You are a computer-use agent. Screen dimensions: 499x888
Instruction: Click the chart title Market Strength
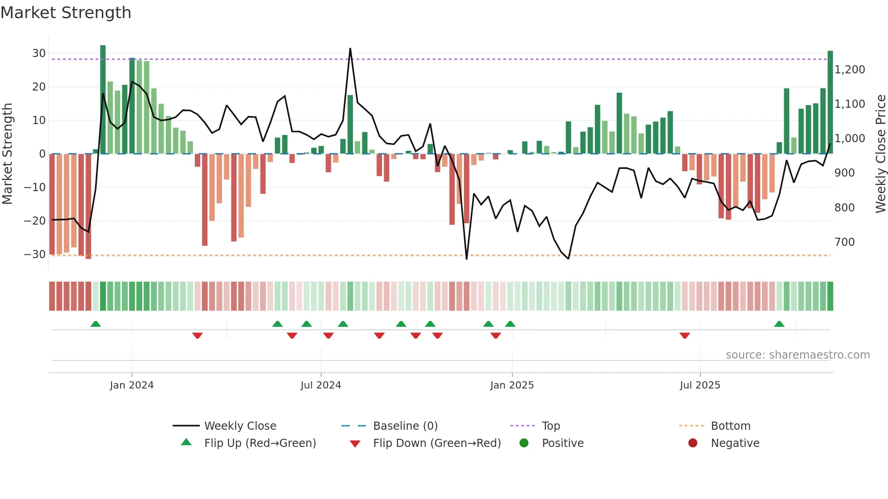tap(66, 13)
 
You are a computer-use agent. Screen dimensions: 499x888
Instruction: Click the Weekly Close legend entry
tap(240, 426)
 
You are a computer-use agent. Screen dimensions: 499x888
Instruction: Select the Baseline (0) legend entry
tap(405, 426)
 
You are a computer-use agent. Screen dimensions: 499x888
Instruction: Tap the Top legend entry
tap(550, 426)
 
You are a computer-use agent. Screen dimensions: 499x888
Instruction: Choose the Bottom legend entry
tap(730, 426)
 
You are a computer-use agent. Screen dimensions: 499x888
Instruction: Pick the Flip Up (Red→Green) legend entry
tap(260, 443)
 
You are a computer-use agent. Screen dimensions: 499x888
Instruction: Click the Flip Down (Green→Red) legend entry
tap(437, 443)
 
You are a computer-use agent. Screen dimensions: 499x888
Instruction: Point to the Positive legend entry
tap(562, 443)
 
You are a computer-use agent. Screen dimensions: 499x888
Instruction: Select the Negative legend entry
tap(734, 443)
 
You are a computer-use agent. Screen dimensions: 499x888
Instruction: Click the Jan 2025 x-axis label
tap(512, 385)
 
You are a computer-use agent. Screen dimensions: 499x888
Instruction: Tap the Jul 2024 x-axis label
tap(321, 385)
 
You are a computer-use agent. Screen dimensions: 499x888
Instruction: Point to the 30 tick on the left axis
tap(39, 53)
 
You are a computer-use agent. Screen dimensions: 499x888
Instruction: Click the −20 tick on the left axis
tap(35, 221)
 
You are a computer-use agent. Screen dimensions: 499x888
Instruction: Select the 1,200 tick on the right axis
tap(849, 70)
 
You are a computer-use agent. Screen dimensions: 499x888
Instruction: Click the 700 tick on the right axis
tap(845, 242)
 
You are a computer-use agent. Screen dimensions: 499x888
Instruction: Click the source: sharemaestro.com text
tap(797, 355)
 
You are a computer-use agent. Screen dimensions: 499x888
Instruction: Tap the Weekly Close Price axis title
tap(880, 154)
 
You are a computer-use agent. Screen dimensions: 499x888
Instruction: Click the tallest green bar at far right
tap(830, 102)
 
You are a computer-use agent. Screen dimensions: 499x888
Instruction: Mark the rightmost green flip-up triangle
tap(779, 324)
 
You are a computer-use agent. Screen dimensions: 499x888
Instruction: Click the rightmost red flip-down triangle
tap(685, 336)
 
